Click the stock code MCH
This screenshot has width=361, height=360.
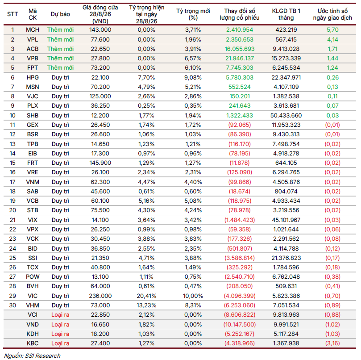(x=33, y=30)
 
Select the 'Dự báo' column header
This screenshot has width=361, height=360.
(x=60, y=14)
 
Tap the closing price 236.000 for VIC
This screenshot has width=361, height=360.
(x=100, y=296)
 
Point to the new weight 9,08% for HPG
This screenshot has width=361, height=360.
(x=193, y=77)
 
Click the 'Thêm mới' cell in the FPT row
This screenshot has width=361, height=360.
(x=60, y=68)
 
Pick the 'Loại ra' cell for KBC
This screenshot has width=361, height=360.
(x=60, y=343)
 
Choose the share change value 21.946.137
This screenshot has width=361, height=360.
(x=240, y=59)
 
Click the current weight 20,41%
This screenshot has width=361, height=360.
(x=146, y=296)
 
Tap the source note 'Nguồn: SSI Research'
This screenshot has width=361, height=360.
(x=32, y=356)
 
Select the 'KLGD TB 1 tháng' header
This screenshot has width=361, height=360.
(x=286, y=14)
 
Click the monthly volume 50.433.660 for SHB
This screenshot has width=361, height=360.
(x=286, y=116)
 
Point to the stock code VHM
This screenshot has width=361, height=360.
(x=33, y=306)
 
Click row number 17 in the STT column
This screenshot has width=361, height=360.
(x=12, y=182)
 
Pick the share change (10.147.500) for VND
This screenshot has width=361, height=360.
(x=240, y=325)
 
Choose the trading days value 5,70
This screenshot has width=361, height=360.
(x=333, y=30)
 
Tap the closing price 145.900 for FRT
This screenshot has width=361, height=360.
(x=100, y=163)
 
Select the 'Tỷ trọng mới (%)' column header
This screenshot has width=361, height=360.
(x=193, y=14)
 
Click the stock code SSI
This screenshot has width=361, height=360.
(x=33, y=258)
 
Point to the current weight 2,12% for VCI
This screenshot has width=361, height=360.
(x=146, y=315)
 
